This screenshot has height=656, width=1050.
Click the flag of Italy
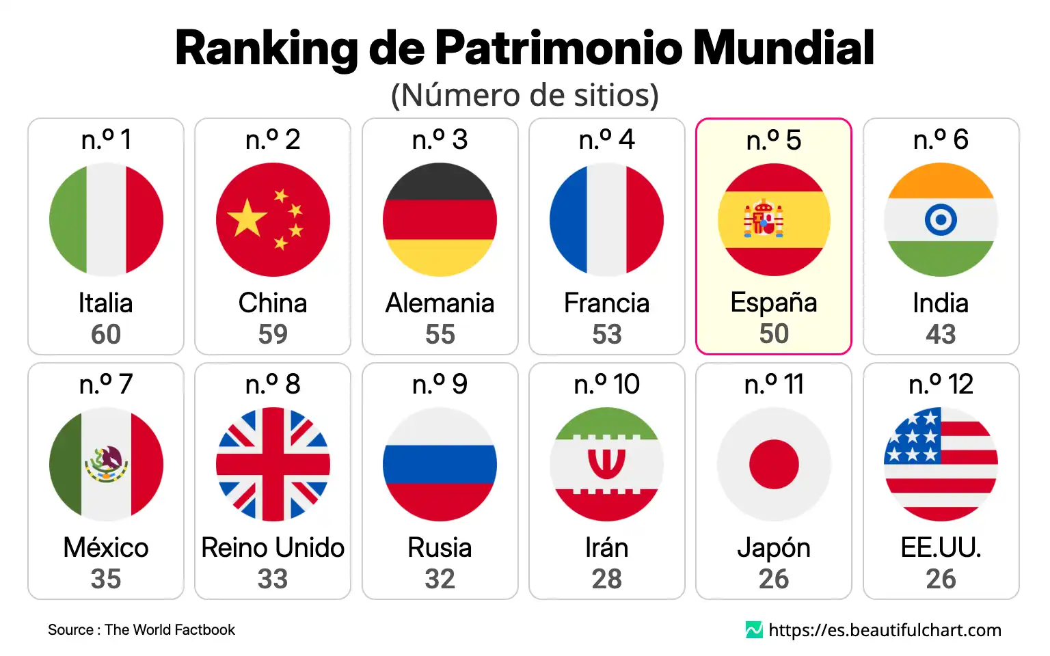click(106, 219)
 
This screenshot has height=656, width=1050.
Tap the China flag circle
click(273, 219)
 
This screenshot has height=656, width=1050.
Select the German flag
click(440, 219)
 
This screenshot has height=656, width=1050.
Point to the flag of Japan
click(774, 464)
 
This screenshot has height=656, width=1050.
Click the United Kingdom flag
click(273, 464)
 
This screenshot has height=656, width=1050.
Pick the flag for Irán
click(606, 464)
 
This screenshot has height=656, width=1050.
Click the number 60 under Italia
click(106, 334)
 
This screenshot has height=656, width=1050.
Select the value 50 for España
click(774, 333)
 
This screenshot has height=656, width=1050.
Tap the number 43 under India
click(941, 334)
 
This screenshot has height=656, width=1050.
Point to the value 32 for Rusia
click(440, 579)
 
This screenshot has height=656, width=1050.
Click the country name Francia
click(606, 303)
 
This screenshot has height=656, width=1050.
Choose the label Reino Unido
click(273, 547)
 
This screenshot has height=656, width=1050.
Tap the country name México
click(106, 547)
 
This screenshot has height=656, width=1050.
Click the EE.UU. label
click(941, 547)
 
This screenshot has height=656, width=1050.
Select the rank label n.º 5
click(774, 140)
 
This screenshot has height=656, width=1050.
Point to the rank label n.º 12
click(941, 384)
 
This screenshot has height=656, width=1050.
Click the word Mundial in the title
click(783, 48)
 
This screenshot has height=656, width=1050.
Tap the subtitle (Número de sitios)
click(524, 95)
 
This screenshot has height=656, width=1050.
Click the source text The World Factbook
click(170, 630)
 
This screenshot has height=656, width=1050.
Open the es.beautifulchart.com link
click(885, 630)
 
